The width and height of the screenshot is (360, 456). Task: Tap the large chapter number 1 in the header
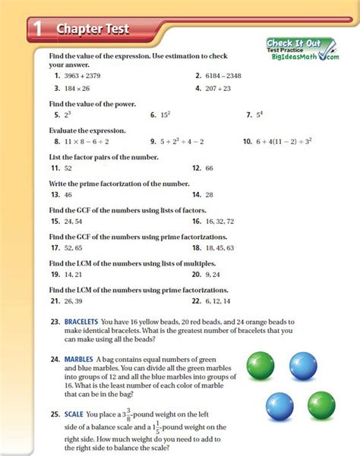coord(36,30)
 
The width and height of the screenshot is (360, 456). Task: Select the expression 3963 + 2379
coord(86,76)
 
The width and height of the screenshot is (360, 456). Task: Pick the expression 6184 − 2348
coord(226,76)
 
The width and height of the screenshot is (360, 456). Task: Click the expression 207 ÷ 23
coord(219,89)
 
